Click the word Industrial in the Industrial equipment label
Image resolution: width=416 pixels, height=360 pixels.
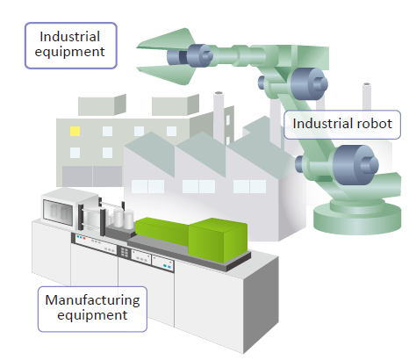click(x=70, y=37)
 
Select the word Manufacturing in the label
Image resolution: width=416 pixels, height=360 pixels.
click(x=92, y=300)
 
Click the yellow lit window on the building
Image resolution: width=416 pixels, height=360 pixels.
click(x=75, y=131)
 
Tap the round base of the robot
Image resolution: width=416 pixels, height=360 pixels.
click(x=357, y=217)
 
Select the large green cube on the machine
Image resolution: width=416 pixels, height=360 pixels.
click(x=218, y=240)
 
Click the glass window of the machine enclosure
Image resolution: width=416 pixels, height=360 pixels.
click(x=58, y=212)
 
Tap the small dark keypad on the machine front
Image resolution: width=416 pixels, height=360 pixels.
click(x=124, y=252)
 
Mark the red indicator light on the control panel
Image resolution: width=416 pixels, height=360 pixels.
click(x=84, y=238)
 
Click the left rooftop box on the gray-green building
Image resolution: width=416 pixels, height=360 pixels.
click(x=102, y=104)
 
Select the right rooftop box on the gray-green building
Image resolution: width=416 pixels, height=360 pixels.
click(x=176, y=104)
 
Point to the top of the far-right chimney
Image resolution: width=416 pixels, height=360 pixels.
click(x=367, y=84)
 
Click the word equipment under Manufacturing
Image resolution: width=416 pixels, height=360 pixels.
click(x=92, y=315)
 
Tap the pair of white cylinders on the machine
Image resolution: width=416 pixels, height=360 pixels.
click(x=123, y=218)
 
